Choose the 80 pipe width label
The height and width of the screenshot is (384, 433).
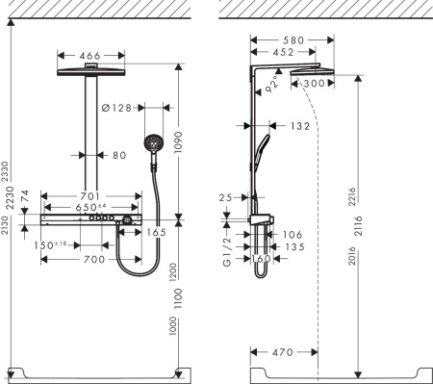tap(118, 155)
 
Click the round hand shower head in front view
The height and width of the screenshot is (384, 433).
tap(152, 145)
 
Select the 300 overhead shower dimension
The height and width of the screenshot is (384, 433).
tap(314, 85)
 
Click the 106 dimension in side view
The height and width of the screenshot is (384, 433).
tap(293, 234)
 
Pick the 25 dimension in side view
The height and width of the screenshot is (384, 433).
tap(227, 198)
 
